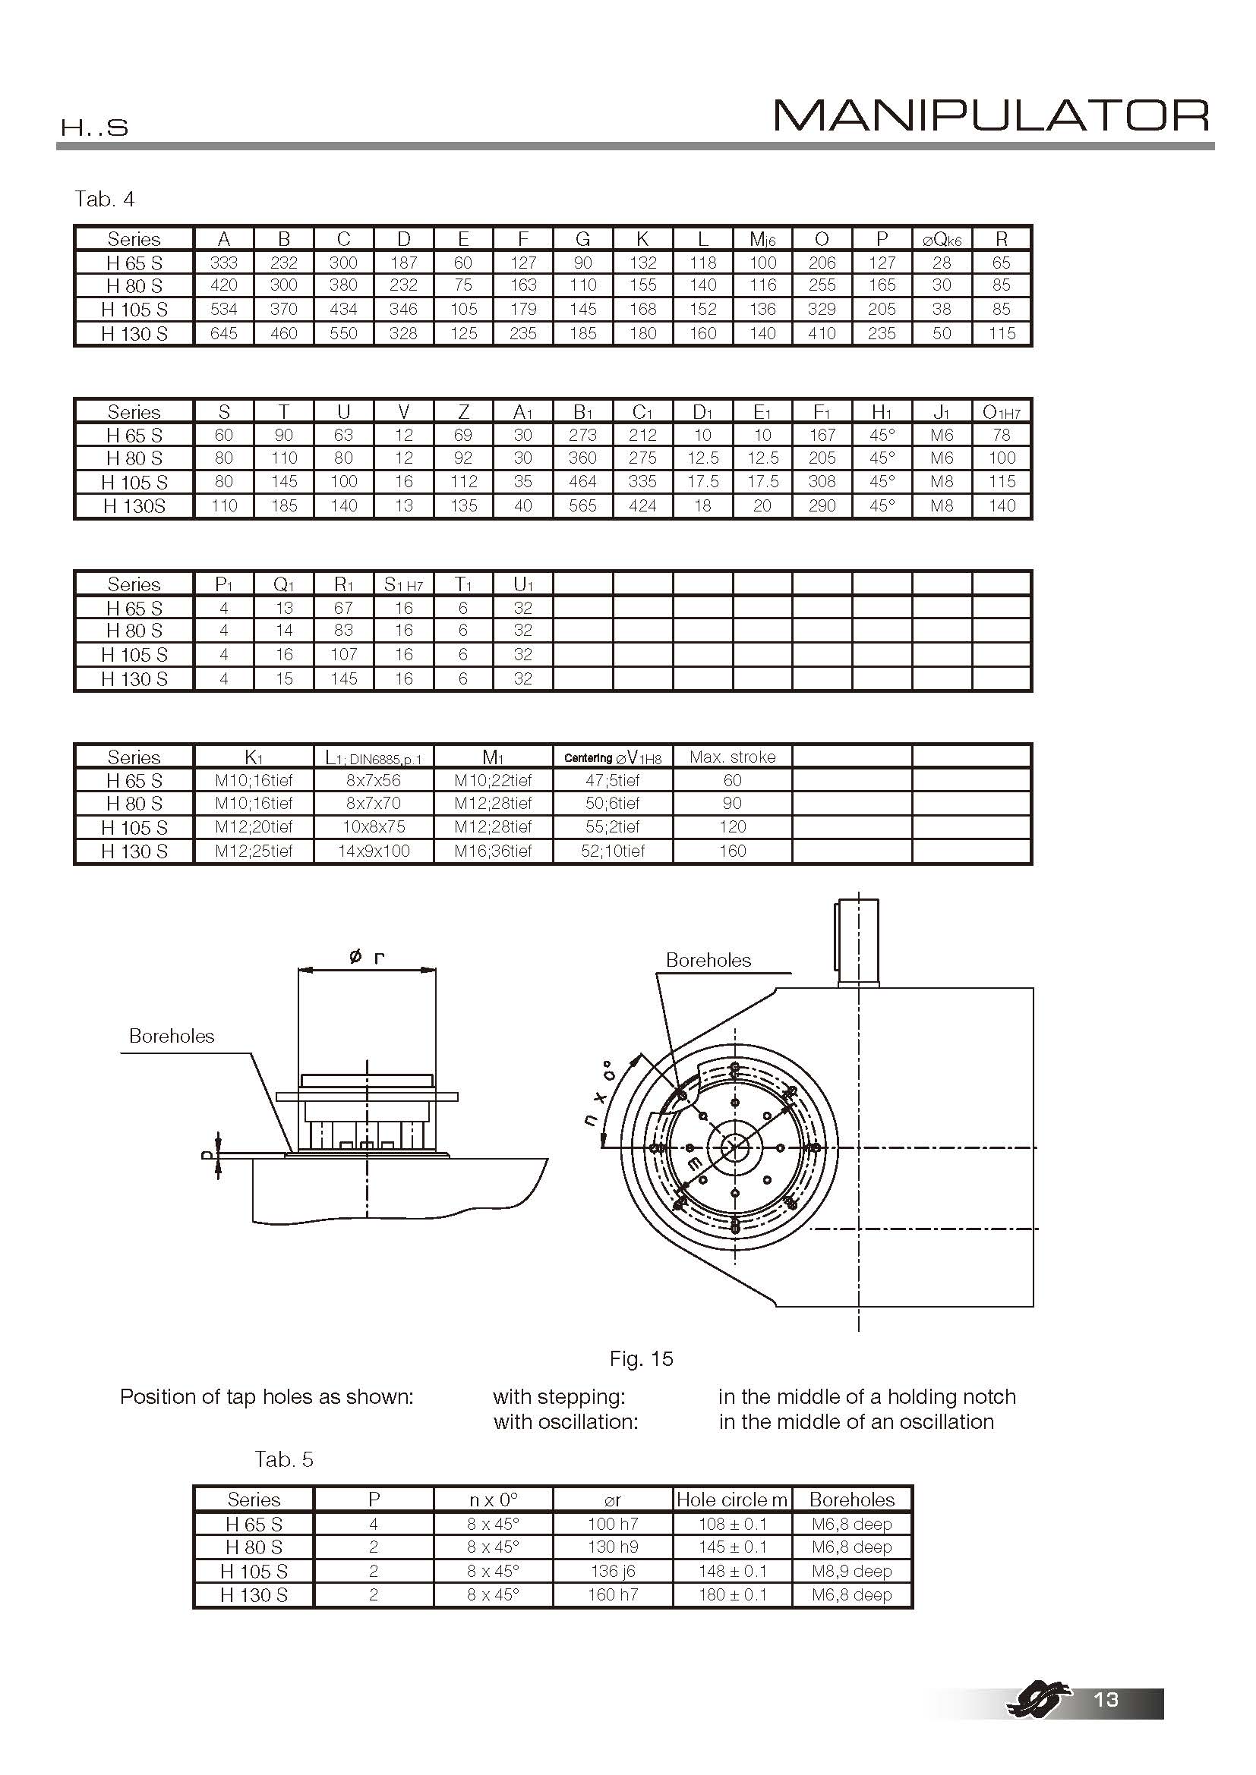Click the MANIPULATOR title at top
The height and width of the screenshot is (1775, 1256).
pos(992,116)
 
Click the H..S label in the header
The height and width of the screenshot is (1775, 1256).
pos(94,127)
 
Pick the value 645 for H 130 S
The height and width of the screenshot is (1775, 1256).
pos(223,333)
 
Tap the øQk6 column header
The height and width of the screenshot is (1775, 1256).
pos(941,240)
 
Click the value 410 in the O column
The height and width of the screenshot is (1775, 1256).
pos(822,333)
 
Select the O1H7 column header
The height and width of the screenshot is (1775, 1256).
pos(1001,412)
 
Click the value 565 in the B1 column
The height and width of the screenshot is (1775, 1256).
pos(582,505)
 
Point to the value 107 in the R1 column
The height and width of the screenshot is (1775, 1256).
pos(343,654)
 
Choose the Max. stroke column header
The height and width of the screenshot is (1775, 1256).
pos(731,757)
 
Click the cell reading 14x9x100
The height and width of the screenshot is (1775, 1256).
pos(374,851)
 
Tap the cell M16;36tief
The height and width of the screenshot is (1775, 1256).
pos(493,851)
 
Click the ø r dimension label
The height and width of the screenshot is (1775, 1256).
pos(368,957)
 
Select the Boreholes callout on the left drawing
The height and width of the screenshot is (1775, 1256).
pos(171,1036)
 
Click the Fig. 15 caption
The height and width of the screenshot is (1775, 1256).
pos(640,1358)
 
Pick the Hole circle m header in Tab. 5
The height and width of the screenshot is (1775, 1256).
pos(731,1500)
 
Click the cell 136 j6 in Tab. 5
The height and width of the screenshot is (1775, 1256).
pos(612,1571)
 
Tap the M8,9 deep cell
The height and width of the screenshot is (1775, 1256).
pos(851,1571)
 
